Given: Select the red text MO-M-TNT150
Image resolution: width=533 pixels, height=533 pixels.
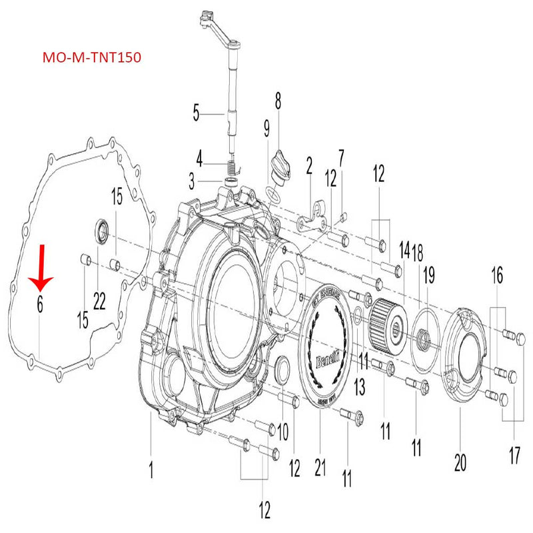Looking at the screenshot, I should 91,58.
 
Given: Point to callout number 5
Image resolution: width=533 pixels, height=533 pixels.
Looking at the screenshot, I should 196,113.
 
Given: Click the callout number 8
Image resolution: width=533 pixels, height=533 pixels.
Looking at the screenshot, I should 278,101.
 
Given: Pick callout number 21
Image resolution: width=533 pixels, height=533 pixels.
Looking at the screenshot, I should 320,469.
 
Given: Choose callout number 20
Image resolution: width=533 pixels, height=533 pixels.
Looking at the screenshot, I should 459,462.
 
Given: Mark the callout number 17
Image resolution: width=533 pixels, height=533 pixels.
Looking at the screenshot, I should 514,456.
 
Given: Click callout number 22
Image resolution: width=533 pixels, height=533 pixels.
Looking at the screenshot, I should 99,302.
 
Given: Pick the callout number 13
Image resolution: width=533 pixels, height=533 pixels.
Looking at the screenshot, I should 359,386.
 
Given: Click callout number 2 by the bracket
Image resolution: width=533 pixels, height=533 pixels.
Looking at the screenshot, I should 309,165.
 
